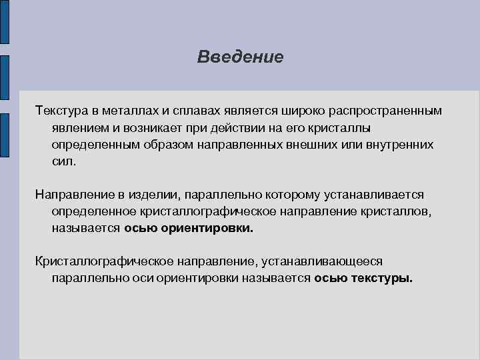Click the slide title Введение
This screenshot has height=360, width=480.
point(240,57)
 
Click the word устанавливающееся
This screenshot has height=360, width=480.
point(323,261)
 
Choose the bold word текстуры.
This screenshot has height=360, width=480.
point(382,279)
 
